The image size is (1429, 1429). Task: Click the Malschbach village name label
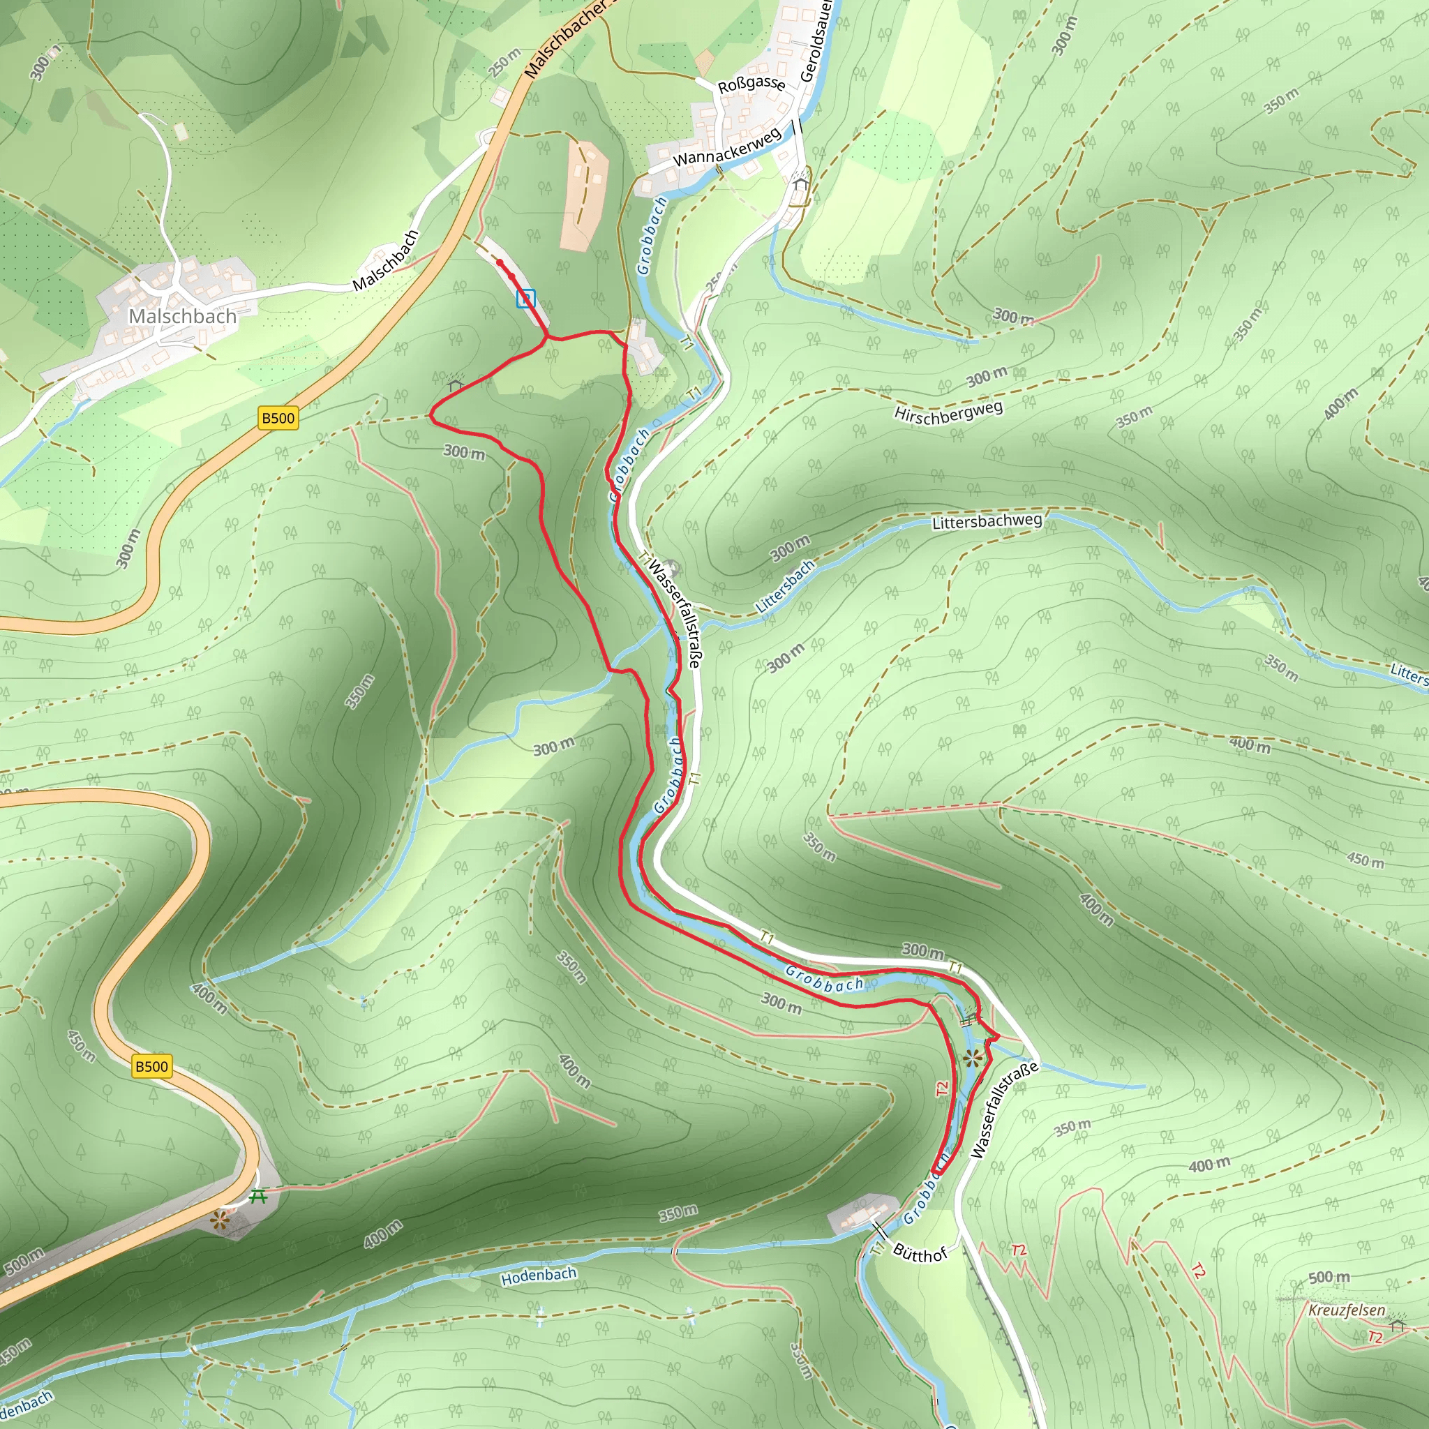(x=182, y=317)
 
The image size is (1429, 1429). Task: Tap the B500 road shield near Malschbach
(x=278, y=418)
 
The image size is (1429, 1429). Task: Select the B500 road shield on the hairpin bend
(x=151, y=1066)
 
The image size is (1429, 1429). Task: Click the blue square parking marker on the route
(x=526, y=298)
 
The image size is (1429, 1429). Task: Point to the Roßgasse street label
(x=751, y=84)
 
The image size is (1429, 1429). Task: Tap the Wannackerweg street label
(x=726, y=147)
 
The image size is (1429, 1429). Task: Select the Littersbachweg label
(x=987, y=522)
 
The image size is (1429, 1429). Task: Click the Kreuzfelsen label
(x=1346, y=1310)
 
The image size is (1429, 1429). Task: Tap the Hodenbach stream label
(x=539, y=1276)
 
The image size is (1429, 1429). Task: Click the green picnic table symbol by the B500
(x=257, y=1196)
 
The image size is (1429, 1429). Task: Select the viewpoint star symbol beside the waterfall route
(x=973, y=1058)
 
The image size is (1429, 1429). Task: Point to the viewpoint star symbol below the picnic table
(x=219, y=1221)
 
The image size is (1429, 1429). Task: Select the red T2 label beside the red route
(x=941, y=1088)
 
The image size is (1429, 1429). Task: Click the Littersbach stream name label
(x=785, y=586)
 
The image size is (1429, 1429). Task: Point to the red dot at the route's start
(x=500, y=262)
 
